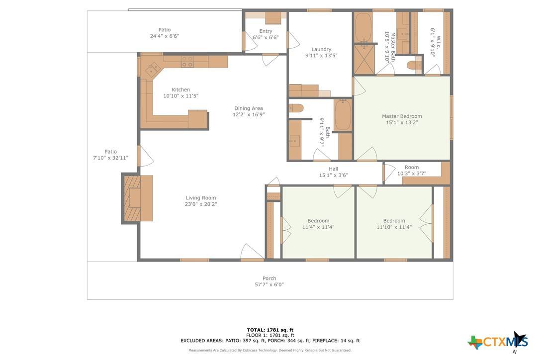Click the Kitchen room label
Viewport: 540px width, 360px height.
point(181,90)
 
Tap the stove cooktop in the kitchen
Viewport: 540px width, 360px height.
point(187,62)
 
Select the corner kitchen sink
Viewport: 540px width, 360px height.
point(152,70)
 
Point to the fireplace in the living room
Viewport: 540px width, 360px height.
point(132,198)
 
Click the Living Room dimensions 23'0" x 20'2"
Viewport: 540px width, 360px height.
point(201,204)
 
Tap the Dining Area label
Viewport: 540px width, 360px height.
point(248,108)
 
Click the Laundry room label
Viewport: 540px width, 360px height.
point(321,49)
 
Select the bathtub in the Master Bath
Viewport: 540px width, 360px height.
point(363,27)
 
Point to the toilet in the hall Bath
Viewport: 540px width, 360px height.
point(296,108)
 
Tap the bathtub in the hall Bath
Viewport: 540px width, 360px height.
point(343,115)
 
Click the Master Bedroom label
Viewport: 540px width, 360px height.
point(402,116)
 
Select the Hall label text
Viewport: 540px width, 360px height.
point(333,169)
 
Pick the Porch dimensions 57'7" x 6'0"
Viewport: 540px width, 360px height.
point(269,284)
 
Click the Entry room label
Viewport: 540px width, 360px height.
point(266,31)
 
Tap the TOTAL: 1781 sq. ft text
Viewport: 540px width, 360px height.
point(270,330)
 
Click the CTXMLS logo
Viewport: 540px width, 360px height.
point(498,342)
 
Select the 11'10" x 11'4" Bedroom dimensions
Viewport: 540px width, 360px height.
point(394,227)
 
